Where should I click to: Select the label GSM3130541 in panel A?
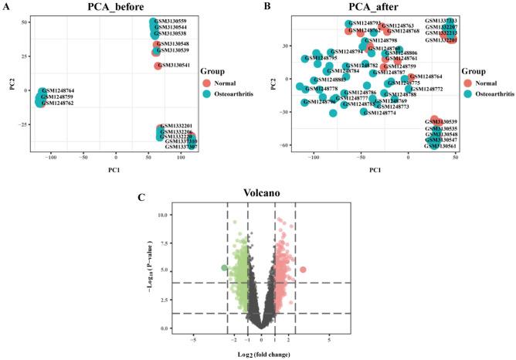point(175,66)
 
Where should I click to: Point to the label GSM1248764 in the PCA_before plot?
point(59,91)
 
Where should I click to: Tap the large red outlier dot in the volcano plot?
point(304,270)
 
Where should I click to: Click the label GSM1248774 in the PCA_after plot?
point(379,113)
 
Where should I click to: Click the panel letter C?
point(139,197)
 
